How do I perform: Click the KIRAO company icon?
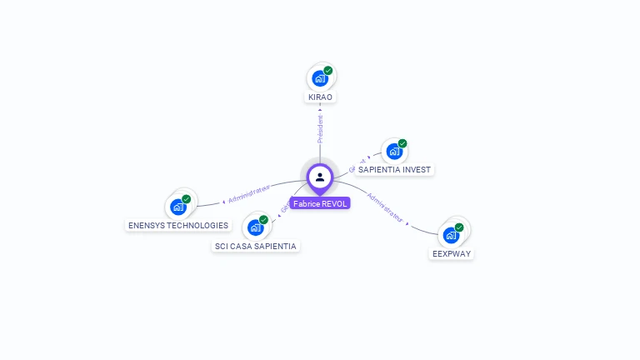tap(319, 78)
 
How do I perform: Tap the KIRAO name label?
tap(320, 97)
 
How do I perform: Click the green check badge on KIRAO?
tap(328, 71)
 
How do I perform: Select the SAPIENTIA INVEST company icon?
tap(393, 152)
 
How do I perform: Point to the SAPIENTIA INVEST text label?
tap(394, 170)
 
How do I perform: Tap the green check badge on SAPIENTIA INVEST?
tap(402, 143)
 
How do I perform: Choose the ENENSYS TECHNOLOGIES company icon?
tap(177, 207)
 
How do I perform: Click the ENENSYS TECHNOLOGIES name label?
tap(178, 226)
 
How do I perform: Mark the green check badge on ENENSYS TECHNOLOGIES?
tap(187, 199)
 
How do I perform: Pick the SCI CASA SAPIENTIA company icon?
tap(255, 227)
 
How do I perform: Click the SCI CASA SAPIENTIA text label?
tap(256, 247)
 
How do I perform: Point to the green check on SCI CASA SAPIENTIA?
tap(264, 220)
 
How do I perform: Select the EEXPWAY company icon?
tap(451, 235)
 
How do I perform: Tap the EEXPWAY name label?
tap(452, 253)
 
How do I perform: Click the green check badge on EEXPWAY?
tap(459, 227)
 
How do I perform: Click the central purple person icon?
tap(320, 177)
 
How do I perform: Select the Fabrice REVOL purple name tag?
tap(320, 203)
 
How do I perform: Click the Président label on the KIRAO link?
tap(320, 128)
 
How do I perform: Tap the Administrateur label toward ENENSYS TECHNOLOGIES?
tap(249, 195)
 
